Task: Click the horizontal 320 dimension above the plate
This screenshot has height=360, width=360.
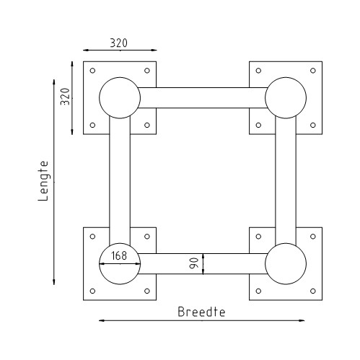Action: pos(119,43)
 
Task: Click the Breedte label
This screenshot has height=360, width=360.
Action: pos(202,312)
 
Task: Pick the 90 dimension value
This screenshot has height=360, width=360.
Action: pos(193,263)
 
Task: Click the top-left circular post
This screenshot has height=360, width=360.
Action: pos(119,97)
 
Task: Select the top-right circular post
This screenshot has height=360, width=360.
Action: pos(286,97)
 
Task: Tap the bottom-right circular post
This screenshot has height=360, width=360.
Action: pos(286,264)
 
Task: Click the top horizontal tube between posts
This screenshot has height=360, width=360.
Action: pos(202,97)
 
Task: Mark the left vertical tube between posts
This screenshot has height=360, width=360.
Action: pos(119,180)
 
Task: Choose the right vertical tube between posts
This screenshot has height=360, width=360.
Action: pos(286,180)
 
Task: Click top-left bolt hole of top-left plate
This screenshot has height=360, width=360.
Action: pos(92,71)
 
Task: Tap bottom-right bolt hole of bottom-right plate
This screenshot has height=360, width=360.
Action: pos(313,291)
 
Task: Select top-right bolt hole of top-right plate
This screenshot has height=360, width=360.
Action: pos(313,71)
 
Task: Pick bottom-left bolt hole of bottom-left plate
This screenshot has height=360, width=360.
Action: pos(92,291)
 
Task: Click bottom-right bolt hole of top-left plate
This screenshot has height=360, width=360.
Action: pos(147,125)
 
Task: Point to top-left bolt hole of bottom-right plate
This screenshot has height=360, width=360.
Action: pos(258,237)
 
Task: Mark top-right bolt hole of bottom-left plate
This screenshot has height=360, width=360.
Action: pos(147,237)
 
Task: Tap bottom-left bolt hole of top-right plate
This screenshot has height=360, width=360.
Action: pos(258,125)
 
